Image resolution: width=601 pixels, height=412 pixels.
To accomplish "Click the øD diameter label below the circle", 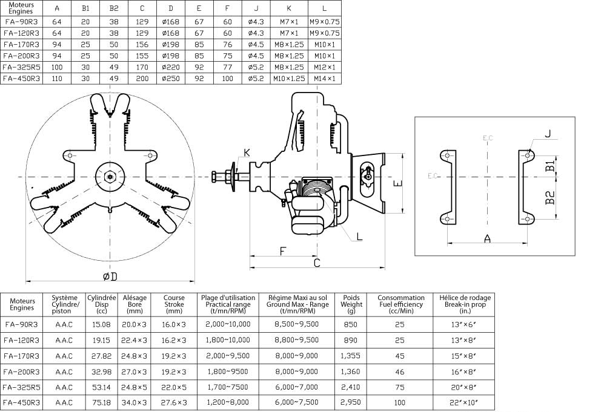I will (110, 276).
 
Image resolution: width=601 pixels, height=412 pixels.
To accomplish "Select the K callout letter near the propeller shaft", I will (246, 151).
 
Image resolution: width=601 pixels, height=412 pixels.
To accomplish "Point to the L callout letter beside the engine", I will (359, 236).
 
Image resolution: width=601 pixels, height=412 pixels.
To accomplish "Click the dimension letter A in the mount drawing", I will (487, 238).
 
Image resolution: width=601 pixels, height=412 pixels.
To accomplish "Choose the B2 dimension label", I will (550, 197).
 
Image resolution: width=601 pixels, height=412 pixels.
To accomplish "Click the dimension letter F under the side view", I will (283, 250).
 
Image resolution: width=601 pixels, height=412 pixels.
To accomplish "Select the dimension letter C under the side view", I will (317, 263).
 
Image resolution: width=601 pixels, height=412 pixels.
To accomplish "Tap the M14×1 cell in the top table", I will (324, 78).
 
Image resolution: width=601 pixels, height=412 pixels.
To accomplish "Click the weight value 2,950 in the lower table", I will (351, 402).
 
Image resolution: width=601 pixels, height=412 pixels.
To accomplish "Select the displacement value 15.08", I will (101, 324).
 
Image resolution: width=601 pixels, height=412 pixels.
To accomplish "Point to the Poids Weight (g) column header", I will (351, 304).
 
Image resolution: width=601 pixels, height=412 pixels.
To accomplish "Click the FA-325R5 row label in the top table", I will (21, 67).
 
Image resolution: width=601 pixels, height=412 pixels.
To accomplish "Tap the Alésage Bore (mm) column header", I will (134, 304).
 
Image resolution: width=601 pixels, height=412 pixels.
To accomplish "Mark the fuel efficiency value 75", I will (400, 386).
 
